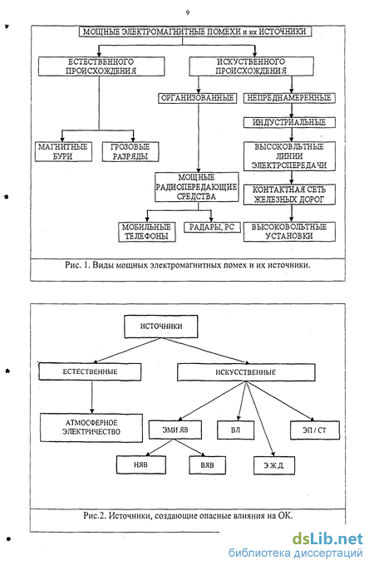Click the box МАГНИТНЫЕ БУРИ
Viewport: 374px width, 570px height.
[x=63, y=151]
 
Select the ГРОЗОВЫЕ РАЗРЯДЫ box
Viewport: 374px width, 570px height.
[x=130, y=151]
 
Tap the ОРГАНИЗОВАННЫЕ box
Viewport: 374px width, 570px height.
[x=197, y=98]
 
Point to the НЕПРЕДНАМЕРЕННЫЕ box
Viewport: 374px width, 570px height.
[x=289, y=98]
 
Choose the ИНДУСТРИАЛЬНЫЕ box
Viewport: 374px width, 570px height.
[x=289, y=122]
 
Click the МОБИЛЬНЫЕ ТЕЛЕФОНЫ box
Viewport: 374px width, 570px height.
[x=147, y=232]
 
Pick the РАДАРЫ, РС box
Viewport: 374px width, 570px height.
[x=212, y=228]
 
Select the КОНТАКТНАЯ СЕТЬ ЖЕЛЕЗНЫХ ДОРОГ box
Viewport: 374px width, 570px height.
[x=289, y=194]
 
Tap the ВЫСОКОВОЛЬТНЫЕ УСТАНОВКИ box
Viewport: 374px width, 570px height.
[x=289, y=232]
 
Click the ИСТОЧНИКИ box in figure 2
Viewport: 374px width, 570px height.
[x=161, y=327]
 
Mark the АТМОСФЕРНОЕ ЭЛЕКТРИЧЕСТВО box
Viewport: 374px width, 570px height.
[x=91, y=427]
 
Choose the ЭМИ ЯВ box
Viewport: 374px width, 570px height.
[x=175, y=430]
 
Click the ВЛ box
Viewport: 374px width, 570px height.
[x=235, y=430]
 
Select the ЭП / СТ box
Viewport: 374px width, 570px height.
[x=315, y=430]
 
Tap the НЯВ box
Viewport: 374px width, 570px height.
[x=141, y=465]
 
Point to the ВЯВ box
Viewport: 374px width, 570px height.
[x=207, y=465]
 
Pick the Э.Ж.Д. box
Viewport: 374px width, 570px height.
[x=274, y=465]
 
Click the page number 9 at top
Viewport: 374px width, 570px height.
[x=188, y=12]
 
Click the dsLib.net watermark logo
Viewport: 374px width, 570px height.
[x=327, y=538]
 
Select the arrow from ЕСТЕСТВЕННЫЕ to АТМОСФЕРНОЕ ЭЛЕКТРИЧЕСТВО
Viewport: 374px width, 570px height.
[x=91, y=397]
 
